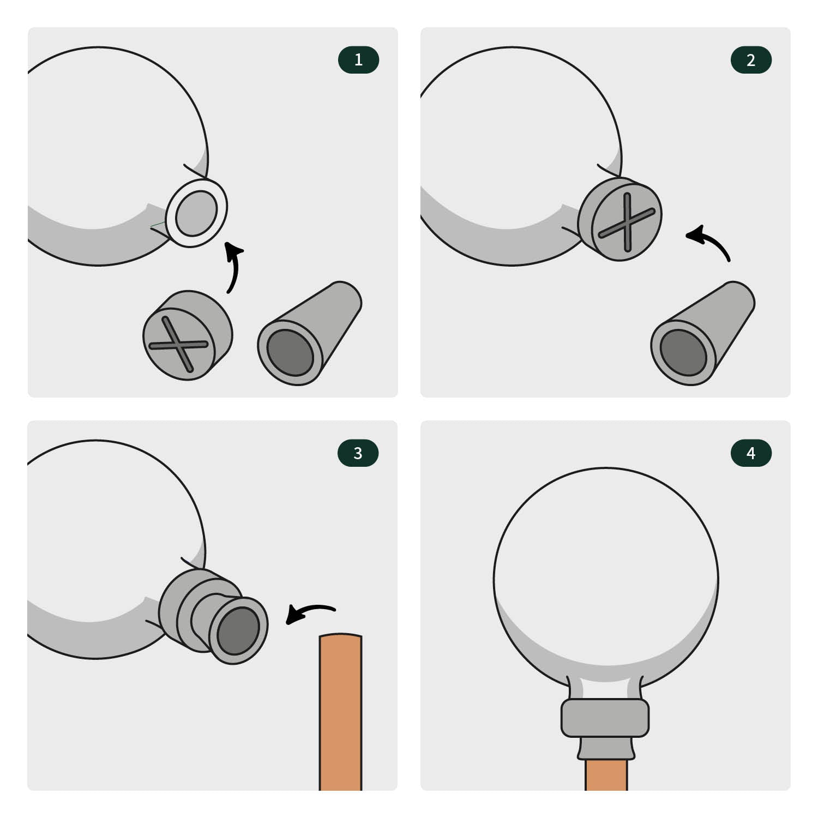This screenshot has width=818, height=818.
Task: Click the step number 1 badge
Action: (358, 60)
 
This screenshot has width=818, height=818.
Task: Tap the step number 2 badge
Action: (751, 60)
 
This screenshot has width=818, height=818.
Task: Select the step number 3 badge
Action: (358, 453)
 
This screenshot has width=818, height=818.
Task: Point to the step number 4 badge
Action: (751, 453)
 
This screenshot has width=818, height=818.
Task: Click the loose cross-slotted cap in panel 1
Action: (187, 335)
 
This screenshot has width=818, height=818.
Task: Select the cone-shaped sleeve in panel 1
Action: (309, 333)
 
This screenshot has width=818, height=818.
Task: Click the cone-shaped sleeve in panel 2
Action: (702, 333)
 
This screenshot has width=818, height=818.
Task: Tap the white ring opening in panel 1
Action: (196, 213)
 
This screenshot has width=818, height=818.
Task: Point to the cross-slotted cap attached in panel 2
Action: (619, 219)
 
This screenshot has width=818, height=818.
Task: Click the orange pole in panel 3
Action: (340, 712)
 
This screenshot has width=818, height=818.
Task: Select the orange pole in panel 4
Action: (606, 774)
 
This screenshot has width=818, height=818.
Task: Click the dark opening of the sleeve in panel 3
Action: (238, 630)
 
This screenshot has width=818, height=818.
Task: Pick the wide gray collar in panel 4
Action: (605, 718)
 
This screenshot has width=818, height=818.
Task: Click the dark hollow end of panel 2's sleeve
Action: (683, 352)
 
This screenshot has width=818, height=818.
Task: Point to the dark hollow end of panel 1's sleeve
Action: (290, 352)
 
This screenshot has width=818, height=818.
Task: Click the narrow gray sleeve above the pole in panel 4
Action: (606, 748)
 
